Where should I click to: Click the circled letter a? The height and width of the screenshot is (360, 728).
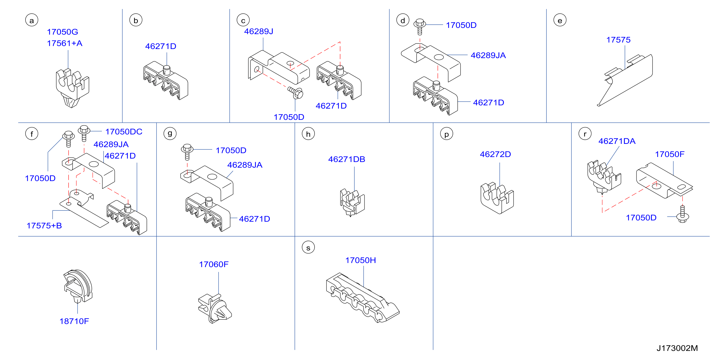click(x=32, y=20)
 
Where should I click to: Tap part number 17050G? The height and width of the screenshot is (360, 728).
click(x=62, y=32)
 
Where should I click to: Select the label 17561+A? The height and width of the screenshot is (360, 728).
click(x=65, y=43)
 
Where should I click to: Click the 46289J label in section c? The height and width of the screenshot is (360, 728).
click(x=259, y=31)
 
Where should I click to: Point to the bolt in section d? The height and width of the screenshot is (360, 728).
click(x=420, y=27)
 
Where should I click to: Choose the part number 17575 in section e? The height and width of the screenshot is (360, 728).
click(x=618, y=40)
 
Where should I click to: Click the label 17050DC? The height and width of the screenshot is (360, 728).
click(x=124, y=132)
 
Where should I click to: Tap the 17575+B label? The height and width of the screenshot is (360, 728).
click(x=44, y=226)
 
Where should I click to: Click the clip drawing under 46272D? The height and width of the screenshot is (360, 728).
click(x=497, y=198)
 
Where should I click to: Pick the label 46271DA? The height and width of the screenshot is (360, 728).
click(x=617, y=141)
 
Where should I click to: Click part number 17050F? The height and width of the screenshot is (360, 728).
click(x=670, y=154)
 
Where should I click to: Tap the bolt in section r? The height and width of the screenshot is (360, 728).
click(x=683, y=214)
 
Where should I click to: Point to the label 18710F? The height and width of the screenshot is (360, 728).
click(x=74, y=321)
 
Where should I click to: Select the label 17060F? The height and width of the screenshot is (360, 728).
click(x=214, y=264)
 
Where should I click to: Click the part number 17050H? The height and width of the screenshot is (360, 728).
click(x=361, y=260)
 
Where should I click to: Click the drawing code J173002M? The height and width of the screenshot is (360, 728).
click(x=677, y=348)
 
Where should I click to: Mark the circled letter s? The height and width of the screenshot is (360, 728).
click(x=308, y=247)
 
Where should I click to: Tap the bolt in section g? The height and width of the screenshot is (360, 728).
click(x=187, y=152)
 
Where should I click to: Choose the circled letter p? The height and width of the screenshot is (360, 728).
click(x=447, y=134)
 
